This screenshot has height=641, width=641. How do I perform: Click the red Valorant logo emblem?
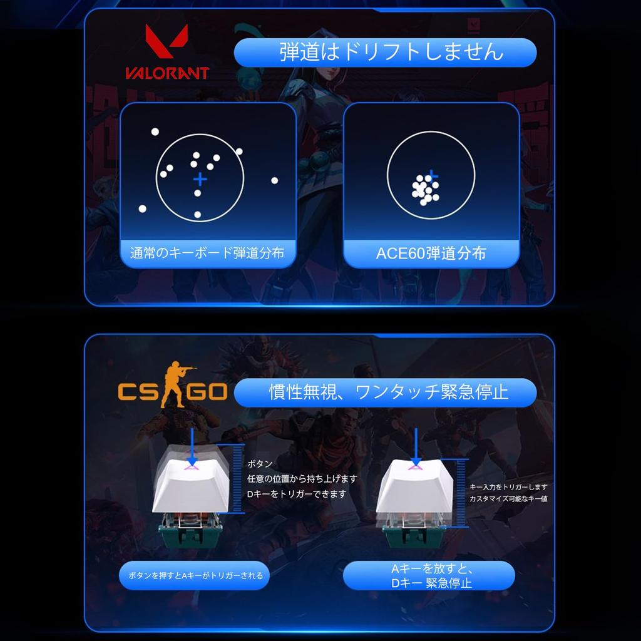pos(167,43)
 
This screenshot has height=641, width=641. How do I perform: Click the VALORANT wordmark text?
pos(167,73)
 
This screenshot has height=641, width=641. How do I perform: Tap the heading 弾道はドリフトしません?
pos(385,52)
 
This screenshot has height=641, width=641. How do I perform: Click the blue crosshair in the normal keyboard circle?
pos(200,180)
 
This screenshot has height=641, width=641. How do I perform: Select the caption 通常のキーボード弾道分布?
pos(207,254)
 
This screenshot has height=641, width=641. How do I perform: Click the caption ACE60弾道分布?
pos(431,254)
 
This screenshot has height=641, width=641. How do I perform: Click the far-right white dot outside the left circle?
pos(274,180)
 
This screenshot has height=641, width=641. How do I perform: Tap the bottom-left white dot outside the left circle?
pos(142,208)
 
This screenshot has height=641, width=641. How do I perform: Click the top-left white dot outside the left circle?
pos(155,131)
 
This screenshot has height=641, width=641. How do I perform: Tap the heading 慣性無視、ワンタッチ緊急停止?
pos(385,392)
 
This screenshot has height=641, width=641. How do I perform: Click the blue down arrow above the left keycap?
pos(192,444)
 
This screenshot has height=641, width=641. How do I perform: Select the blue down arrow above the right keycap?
pos(414,444)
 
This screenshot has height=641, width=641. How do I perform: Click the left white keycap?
pos(190,482)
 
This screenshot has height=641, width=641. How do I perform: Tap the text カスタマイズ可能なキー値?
pos(508,499)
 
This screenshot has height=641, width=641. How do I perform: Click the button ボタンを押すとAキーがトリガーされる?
pos(195,575)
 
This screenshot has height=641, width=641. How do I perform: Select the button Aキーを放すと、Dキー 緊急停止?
pos(429,576)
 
